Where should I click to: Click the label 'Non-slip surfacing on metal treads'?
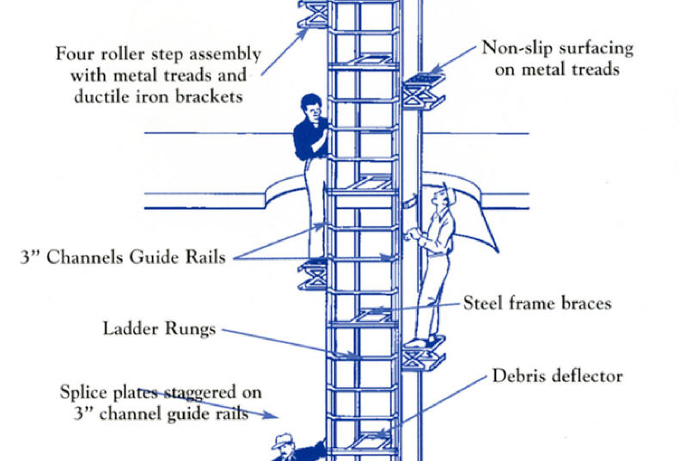[x=556, y=58]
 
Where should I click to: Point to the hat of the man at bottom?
[x=283, y=439]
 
